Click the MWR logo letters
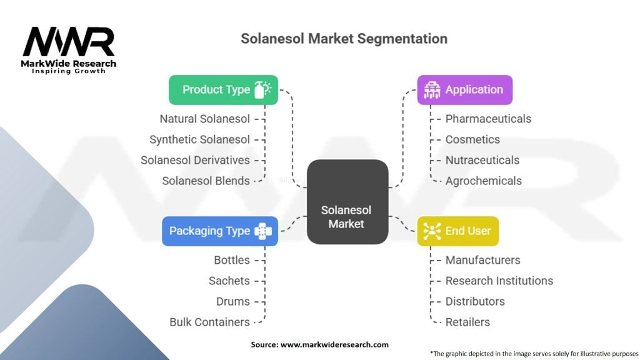pos(69,42)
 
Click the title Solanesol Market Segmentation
pos(344,39)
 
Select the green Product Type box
pos(223,90)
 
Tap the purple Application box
pos(464,90)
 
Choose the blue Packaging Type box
pos(220,231)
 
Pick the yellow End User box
pos(457,231)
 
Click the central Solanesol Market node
pos(347,202)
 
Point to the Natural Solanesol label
pos(204,119)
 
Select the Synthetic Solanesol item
pos(199,139)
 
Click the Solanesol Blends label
pos(206,181)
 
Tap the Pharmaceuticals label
pos(488,119)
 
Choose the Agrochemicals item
pos(483,181)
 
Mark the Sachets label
pos(229,281)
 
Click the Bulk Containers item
pos(209,322)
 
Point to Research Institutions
pos(499,281)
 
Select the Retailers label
pos(467,322)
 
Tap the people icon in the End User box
pos(432,231)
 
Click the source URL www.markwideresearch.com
pos(334,344)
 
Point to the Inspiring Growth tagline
pos(69,71)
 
